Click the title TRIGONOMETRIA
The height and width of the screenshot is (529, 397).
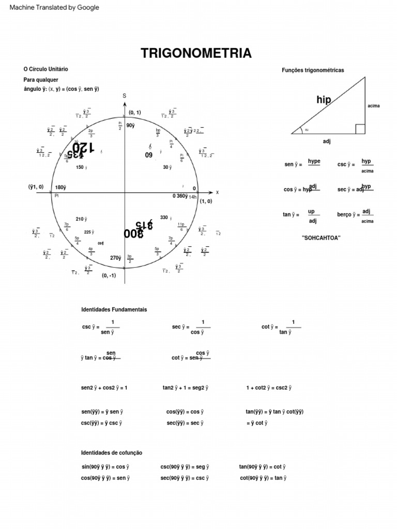click(196, 53)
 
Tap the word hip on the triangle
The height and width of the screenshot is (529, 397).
click(324, 100)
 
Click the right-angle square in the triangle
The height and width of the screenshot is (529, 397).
click(360, 129)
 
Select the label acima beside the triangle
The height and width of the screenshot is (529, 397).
click(374, 106)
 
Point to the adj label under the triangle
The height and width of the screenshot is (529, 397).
click(327, 140)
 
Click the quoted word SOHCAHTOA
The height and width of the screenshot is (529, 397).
click(321, 238)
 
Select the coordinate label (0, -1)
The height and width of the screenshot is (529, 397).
click(109, 275)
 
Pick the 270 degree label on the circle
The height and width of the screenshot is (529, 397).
click(116, 258)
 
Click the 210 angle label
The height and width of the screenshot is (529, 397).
click(81, 219)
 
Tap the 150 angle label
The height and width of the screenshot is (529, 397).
click(81, 167)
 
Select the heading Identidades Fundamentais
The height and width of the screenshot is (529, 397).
click(114, 309)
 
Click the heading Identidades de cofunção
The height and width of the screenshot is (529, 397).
click(112, 453)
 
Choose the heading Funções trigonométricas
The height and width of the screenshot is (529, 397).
click(313, 70)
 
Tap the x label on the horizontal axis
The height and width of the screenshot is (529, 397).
click(217, 192)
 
